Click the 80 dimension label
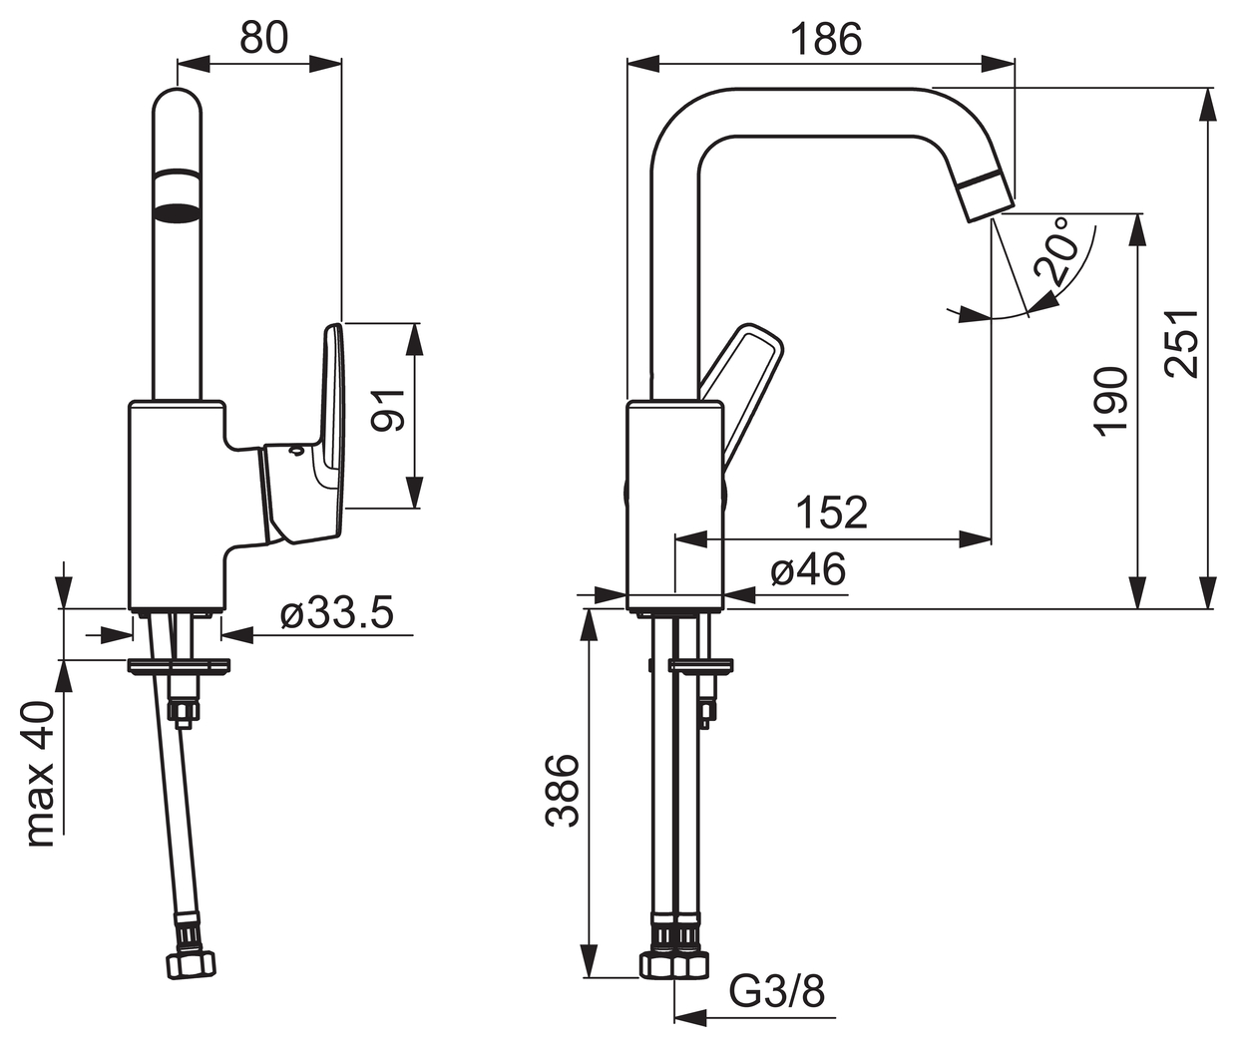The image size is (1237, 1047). pos(264,37)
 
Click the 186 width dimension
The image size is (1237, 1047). pos(826,40)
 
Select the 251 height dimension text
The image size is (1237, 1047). pos(1182,343)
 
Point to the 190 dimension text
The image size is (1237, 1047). pos(1110,399)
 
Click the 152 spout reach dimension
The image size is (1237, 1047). pos(833,512)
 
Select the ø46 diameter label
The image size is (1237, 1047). pos(808,569)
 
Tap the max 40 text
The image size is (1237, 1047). pos(42,775)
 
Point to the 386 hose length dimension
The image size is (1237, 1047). pos(563,791)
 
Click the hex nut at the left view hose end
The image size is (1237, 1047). pos(192,967)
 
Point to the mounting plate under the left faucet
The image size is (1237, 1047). pos(179,665)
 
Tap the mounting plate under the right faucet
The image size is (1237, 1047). pos(700,666)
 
